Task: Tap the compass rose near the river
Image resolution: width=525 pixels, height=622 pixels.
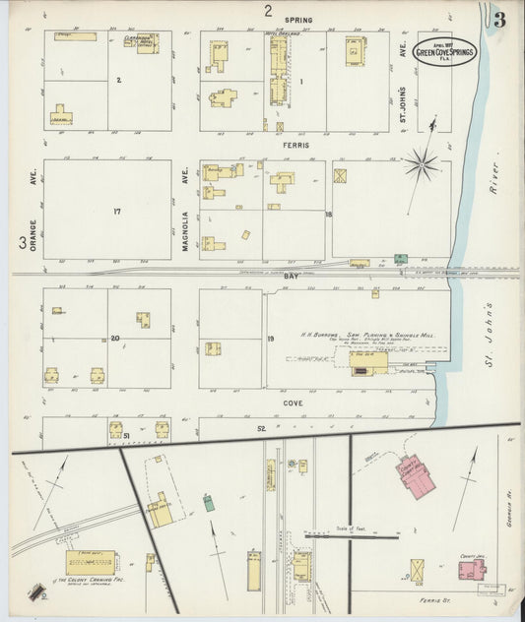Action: click(422, 165)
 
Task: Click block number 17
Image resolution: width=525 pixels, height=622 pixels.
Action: click(115, 210)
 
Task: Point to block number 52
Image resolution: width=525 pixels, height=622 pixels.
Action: click(261, 428)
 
